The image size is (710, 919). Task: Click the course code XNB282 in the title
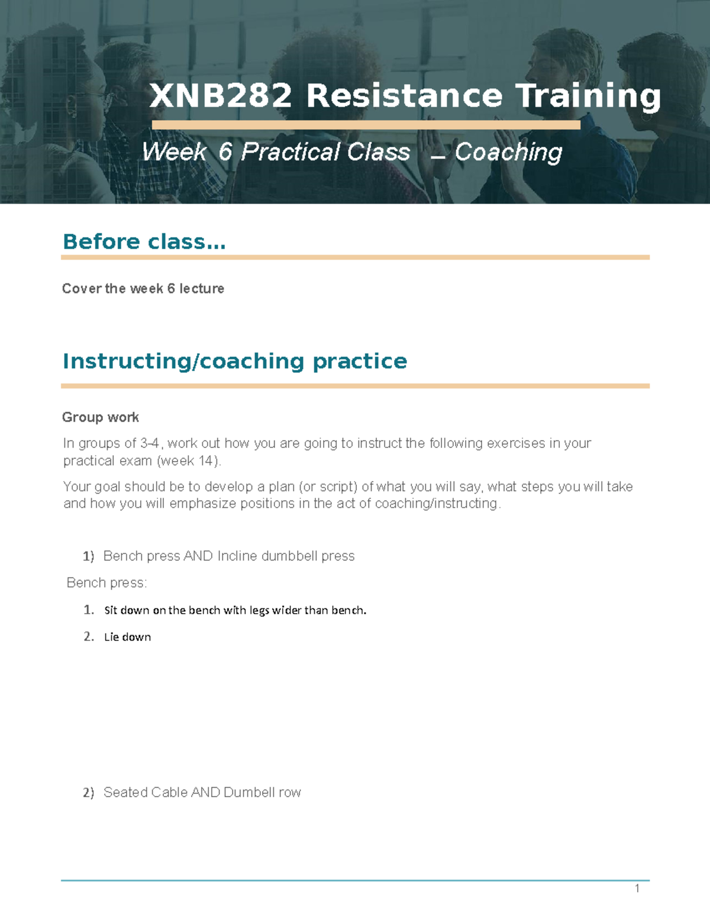(x=221, y=96)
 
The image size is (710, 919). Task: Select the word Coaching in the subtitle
(x=508, y=153)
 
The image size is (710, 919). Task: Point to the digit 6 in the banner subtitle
(x=225, y=152)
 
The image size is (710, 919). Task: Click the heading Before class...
(x=144, y=241)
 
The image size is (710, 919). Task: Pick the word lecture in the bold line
(x=202, y=289)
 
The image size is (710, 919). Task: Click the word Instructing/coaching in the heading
(x=183, y=361)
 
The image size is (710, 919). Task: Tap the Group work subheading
(x=101, y=417)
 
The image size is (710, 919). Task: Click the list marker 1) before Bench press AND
(x=88, y=556)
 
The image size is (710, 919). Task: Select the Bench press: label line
(x=106, y=583)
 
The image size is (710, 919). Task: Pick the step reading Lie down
(x=127, y=637)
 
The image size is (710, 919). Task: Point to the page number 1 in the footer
(x=637, y=888)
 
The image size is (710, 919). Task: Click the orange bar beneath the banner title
(x=366, y=125)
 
